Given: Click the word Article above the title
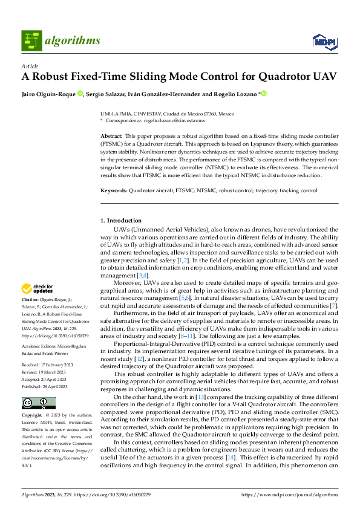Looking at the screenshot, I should (x=29, y=66).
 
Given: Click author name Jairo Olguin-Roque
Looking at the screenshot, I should (x=48, y=94).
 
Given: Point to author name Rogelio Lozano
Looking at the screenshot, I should (x=235, y=94).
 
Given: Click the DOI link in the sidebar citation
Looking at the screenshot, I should (x=47, y=335).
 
